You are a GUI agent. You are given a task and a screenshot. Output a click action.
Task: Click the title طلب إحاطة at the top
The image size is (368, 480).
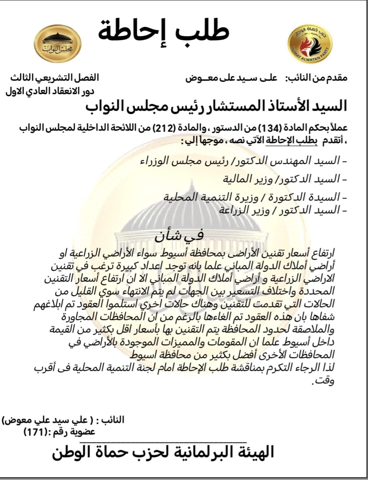[163, 30]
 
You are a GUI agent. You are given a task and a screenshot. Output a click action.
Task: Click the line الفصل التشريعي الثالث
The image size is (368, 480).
[54, 78]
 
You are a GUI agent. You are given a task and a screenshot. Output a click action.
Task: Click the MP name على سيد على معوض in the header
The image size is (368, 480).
[231, 78]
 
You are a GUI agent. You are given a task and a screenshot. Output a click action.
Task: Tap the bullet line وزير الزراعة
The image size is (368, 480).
[279, 210]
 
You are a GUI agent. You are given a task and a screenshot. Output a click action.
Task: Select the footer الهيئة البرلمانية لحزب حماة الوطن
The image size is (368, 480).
[163, 452]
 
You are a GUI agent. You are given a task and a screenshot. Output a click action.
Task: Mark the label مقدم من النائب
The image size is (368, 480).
[316, 78]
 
